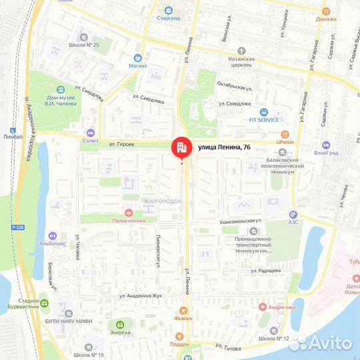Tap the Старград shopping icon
coord(169,11)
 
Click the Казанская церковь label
coord(239,63)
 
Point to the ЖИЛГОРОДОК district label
coord(162,201)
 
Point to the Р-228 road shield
coord(19,227)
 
